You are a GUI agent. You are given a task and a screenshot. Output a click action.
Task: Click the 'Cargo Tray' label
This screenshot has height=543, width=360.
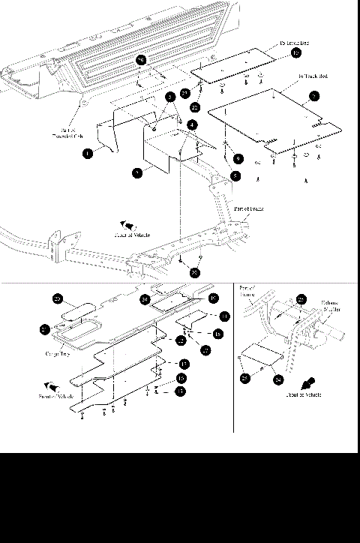(57, 353)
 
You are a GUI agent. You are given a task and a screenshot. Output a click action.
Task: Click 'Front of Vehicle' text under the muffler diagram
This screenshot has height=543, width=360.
(304, 394)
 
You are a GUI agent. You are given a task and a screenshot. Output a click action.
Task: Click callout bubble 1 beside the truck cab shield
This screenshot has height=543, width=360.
(88, 153)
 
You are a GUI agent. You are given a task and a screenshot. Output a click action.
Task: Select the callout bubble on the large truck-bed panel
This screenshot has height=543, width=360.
(313, 95)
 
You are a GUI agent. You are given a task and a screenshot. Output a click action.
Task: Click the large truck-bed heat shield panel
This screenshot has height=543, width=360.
(270, 120)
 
